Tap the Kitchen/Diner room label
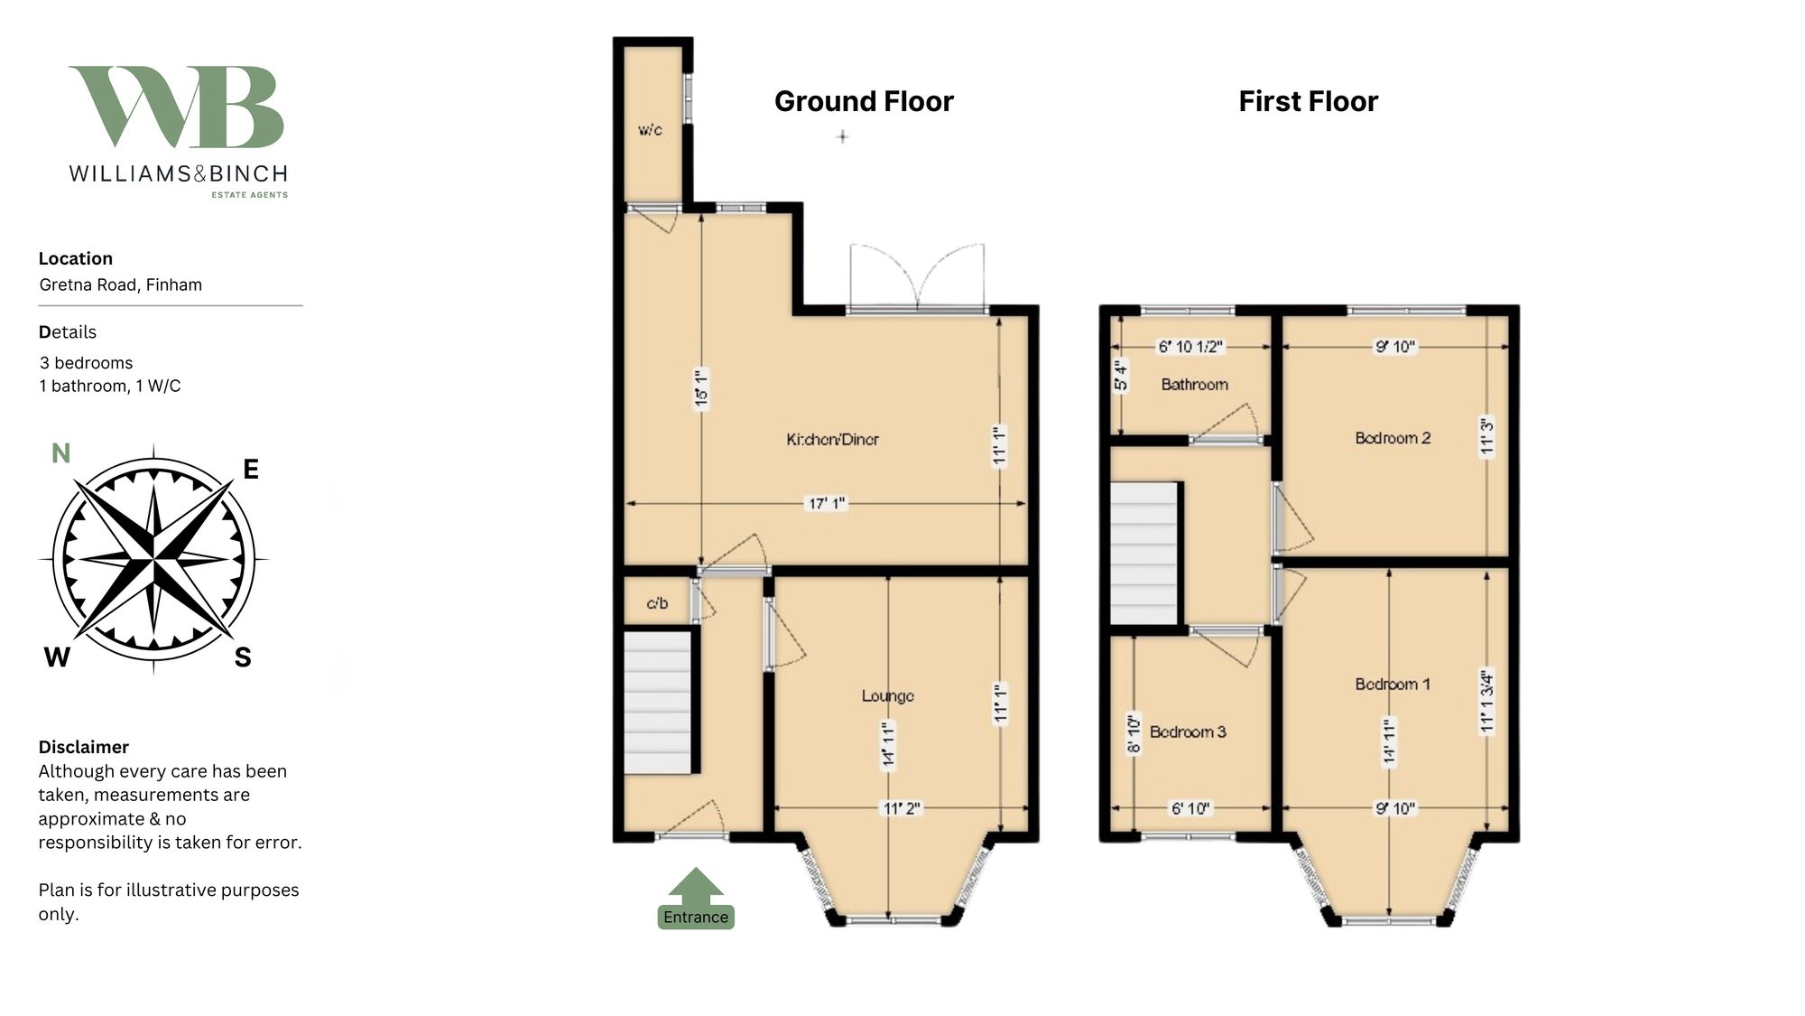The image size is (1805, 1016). point(832,440)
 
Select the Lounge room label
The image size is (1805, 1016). point(887,695)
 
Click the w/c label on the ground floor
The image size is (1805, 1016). point(650,130)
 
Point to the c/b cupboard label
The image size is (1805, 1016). point(657,603)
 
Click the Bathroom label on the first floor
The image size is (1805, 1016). point(1194,385)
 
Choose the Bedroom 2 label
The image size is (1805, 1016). point(1393,438)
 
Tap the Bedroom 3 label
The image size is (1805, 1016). point(1188,732)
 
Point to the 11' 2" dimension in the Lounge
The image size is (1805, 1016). point(901,808)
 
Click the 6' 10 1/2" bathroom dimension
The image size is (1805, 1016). point(1189,346)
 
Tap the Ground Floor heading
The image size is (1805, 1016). point(864,101)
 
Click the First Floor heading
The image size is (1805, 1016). point(1308,101)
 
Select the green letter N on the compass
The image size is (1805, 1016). point(60,453)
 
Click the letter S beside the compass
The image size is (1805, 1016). point(243,657)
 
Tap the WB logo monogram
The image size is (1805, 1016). point(177,107)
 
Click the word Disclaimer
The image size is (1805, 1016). point(83,747)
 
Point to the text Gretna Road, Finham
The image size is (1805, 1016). point(120,284)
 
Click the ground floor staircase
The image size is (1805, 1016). point(659,703)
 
